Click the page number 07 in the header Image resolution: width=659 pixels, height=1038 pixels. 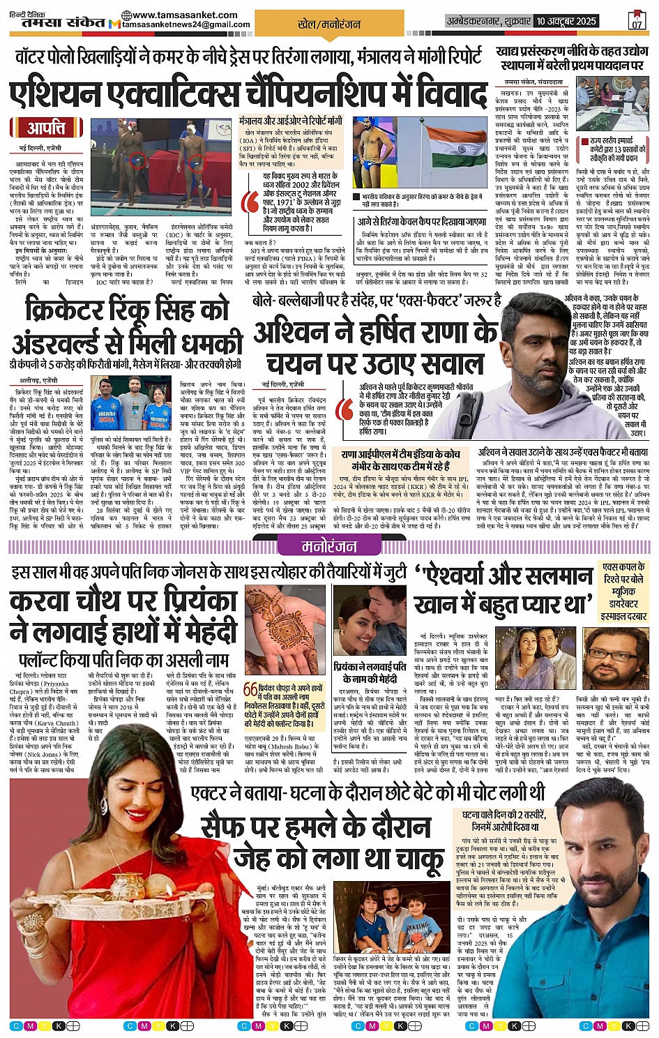click(637, 24)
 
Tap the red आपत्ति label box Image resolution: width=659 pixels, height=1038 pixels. click(46, 128)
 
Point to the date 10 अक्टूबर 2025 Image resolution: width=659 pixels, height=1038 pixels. click(566, 22)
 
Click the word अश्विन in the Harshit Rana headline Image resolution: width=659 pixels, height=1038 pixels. click(292, 333)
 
